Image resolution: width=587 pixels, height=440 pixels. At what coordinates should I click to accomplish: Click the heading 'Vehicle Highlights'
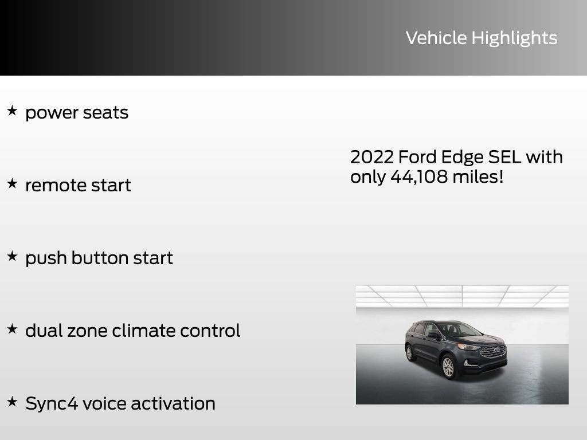482,38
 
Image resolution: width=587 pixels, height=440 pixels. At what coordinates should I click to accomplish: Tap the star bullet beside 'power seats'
12,111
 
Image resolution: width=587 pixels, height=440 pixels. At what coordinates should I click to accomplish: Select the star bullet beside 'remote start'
12,183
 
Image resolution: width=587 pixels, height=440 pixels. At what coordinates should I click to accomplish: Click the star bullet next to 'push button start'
12,256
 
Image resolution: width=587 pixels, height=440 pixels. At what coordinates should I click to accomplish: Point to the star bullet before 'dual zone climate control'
12,329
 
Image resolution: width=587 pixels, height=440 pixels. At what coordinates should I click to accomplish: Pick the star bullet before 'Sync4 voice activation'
12,402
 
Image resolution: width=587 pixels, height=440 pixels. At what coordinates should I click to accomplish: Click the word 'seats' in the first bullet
105,112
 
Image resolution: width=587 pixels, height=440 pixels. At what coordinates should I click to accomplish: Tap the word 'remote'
53,185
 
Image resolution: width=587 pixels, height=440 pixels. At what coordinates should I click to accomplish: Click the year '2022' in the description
371,157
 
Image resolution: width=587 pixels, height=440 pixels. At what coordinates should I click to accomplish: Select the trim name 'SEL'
505,157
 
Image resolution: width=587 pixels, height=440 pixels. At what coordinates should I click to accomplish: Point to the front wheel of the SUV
448,367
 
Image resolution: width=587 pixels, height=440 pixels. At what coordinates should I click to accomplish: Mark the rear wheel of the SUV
410,352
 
